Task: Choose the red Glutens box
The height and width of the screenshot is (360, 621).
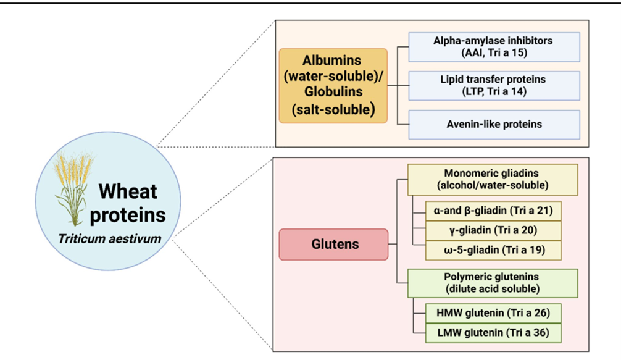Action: tap(334, 244)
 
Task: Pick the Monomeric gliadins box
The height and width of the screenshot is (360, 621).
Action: tap(493, 179)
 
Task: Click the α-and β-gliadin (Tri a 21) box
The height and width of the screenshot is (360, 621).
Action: tap(493, 211)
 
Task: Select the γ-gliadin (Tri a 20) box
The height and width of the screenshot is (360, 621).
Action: tap(493, 230)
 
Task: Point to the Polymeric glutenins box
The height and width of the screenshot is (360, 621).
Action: tap(493, 283)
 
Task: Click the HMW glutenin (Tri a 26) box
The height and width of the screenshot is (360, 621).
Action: tap(493, 313)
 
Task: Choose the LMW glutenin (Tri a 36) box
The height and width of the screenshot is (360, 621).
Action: tap(493, 333)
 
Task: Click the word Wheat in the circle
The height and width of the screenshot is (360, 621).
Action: tap(130, 191)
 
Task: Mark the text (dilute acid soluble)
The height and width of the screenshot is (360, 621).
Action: tap(493, 289)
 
